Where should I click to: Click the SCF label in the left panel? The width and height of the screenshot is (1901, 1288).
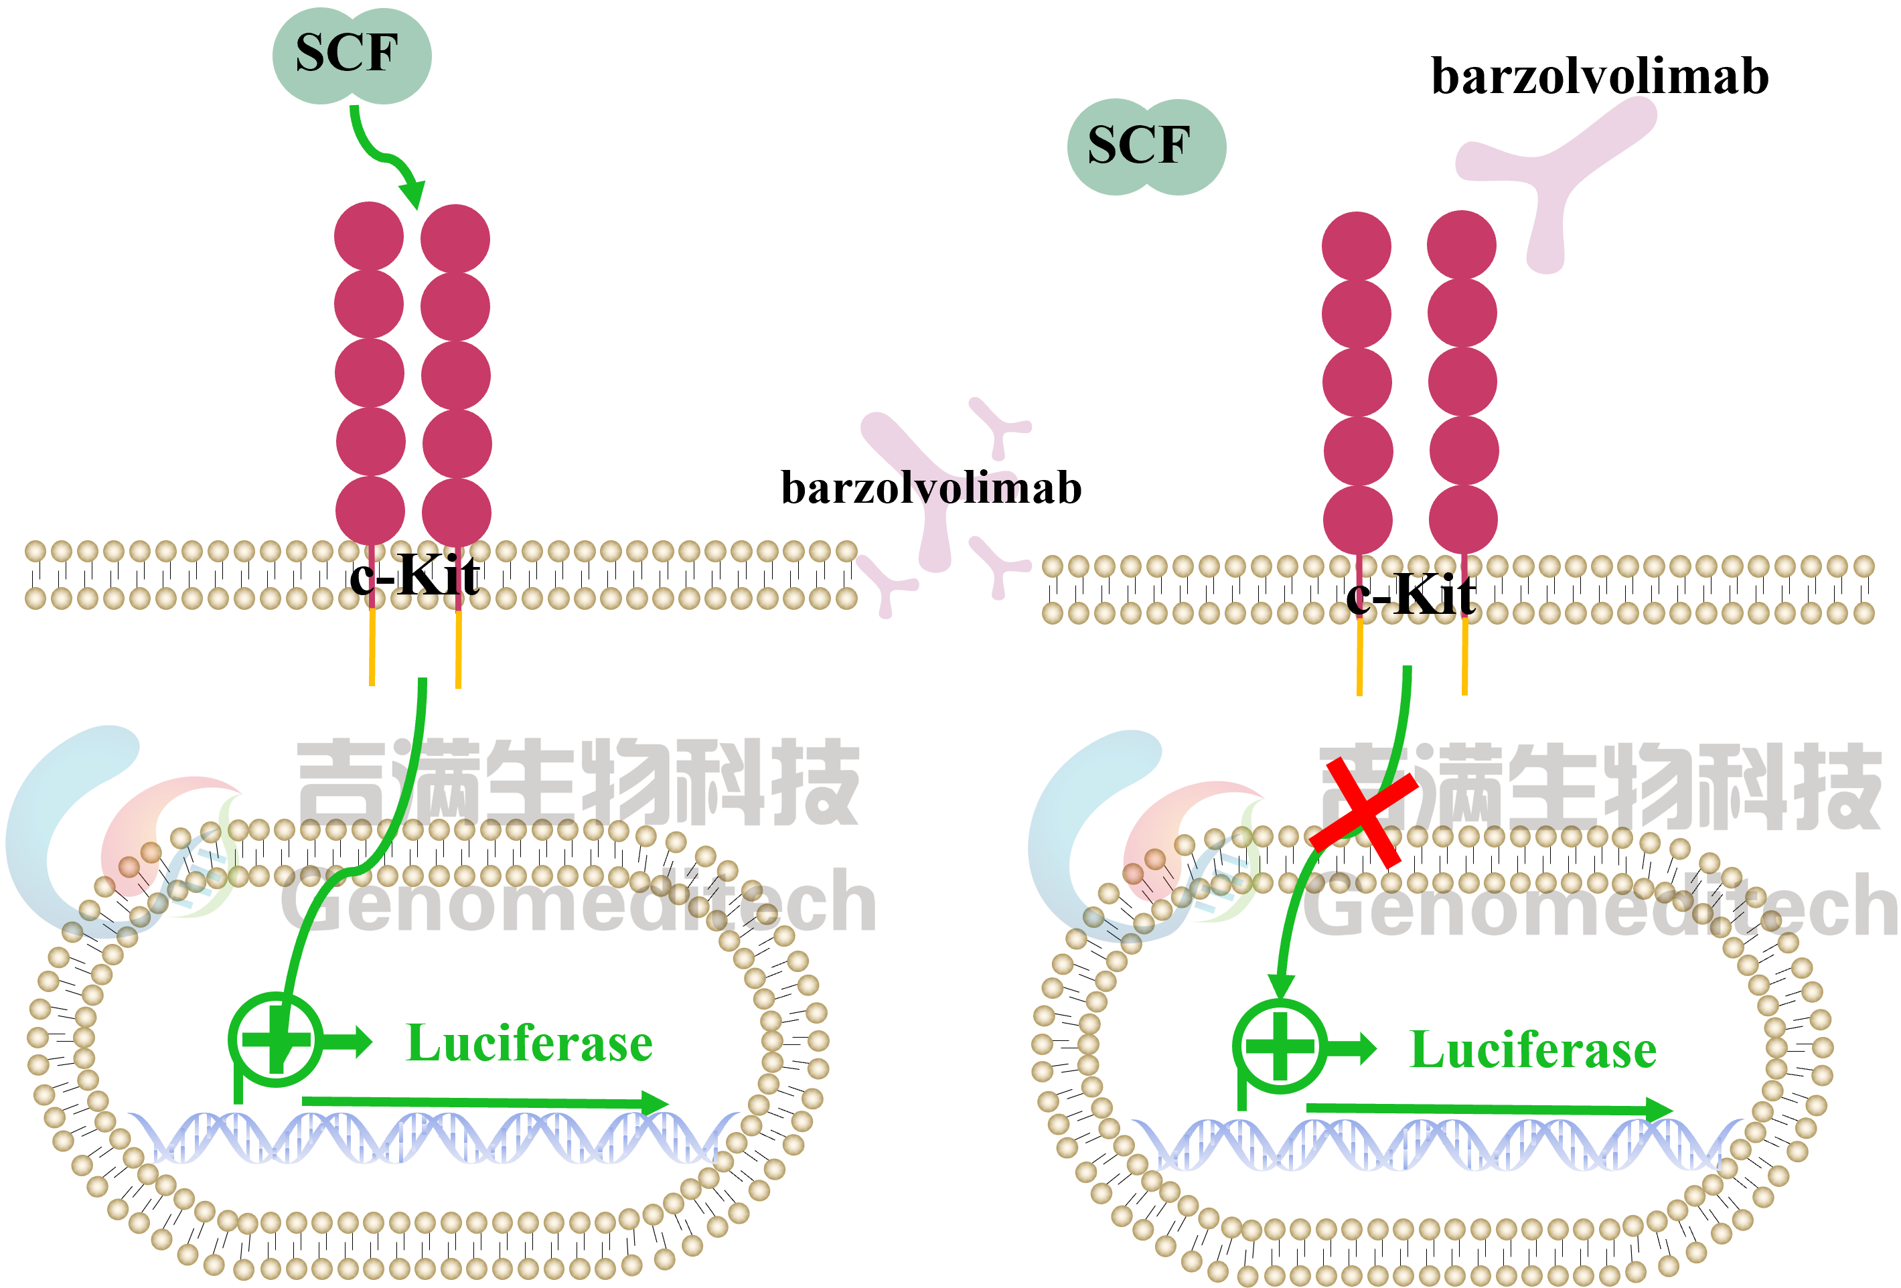(347, 54)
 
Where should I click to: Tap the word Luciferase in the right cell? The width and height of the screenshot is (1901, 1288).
(1533, 1050)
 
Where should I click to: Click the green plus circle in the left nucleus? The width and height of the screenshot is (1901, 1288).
(275, 1040)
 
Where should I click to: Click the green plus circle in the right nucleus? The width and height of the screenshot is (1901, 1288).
(1280, 1046)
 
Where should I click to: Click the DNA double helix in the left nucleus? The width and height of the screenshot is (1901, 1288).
(433, 1138)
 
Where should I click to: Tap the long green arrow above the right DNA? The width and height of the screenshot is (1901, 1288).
(1489, 1109)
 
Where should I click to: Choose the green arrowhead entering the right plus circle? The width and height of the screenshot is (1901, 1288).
(1280, 985)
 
